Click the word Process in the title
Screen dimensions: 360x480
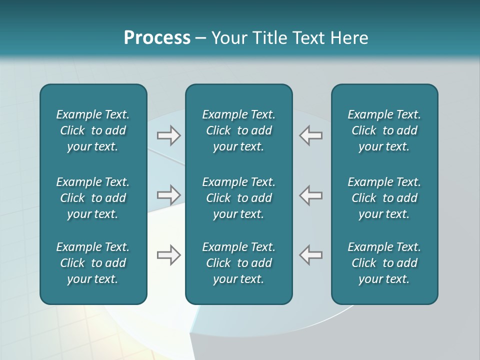coord(157,38)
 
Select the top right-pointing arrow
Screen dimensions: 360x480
coord(169,135)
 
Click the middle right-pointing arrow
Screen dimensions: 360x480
coord(169,195)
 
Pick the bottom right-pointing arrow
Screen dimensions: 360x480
coord(169,255)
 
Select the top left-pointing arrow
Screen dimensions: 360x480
coord(311,135)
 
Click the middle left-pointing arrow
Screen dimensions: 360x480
coord(311,195)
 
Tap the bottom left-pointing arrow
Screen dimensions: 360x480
coord(311,255)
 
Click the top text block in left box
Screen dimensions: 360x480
coord(93,130)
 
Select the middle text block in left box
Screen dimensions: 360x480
coord(93,198)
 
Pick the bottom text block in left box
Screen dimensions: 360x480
coord(93,263)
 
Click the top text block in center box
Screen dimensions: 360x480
coord(238,130)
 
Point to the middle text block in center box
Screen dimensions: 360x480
coord(238,198)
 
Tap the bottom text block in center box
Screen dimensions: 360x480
coord(238,263)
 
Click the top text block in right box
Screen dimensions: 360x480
coord(384,130)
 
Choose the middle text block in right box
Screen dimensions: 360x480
coord(384,198)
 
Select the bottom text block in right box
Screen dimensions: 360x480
coord(384,263)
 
